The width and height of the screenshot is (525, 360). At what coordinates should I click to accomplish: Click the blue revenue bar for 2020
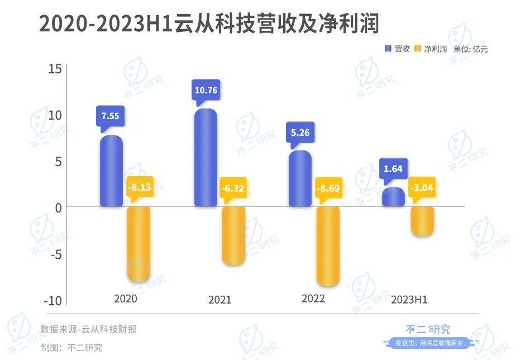click(111, 170)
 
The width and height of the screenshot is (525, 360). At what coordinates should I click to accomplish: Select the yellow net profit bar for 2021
click(233, 235)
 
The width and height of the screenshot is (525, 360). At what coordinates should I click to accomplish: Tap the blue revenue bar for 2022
click(300, 178)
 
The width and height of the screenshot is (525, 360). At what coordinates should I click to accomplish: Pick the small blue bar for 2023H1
click(394, 197)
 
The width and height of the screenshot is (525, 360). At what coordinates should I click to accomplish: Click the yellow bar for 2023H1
click(422, 221)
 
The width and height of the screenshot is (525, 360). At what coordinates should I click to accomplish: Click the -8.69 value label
click(328, 188)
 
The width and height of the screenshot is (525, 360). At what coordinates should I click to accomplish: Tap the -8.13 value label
click(140, 188)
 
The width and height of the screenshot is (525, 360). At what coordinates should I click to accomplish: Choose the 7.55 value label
click(111, 116)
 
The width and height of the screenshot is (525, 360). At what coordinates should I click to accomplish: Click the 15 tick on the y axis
click(54, 69)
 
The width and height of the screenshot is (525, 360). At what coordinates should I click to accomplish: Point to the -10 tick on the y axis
click(52, 300)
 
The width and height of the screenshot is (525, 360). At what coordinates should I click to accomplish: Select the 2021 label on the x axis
click(219, 300)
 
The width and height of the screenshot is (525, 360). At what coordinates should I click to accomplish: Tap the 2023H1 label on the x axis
click(409, 300)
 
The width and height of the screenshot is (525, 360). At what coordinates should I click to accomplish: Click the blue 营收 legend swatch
click(389, 49)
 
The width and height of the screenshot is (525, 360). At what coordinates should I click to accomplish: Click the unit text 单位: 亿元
click(470, 49)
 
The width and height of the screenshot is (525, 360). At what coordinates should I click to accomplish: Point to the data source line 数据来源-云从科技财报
click(88, 329)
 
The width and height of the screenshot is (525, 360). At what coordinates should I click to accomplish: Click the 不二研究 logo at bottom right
click(428, 330)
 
